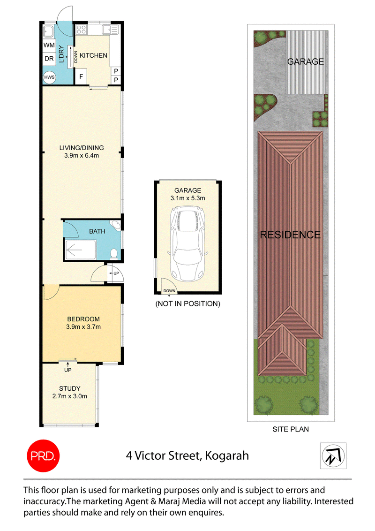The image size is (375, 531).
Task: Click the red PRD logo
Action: (x=43, y=456)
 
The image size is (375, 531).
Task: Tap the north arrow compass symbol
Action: (x=333, y=455)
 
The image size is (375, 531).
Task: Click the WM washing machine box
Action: (x=49, y=45)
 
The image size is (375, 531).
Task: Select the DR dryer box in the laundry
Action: (x=49, y=59)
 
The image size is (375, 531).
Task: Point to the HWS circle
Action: (x=49, y=77)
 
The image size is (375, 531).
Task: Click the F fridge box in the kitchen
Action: (x=81, y=76)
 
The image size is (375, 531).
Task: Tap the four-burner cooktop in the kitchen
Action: (x=81, y=30)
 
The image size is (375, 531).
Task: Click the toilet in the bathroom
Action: (x=114, y=254)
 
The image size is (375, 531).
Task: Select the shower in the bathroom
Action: (x=81, y=250)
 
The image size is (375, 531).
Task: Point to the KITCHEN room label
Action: (x=93, y=55)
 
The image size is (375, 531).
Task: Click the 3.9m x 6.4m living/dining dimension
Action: (x=82, y=156)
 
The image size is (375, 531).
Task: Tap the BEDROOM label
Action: (x=83, y=319)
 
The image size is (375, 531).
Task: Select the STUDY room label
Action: (x=70, y=388)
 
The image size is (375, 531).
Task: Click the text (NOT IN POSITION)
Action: (x=188, y=304)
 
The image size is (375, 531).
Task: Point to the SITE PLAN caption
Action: (x=291, y=429)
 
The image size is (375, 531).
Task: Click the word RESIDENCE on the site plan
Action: (x=290, y=235)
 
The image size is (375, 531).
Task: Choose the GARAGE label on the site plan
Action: (x=306, y=61)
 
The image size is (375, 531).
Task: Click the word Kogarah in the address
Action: (x=227, y=456)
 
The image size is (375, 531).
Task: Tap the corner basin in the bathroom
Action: (x=116, y=225)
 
